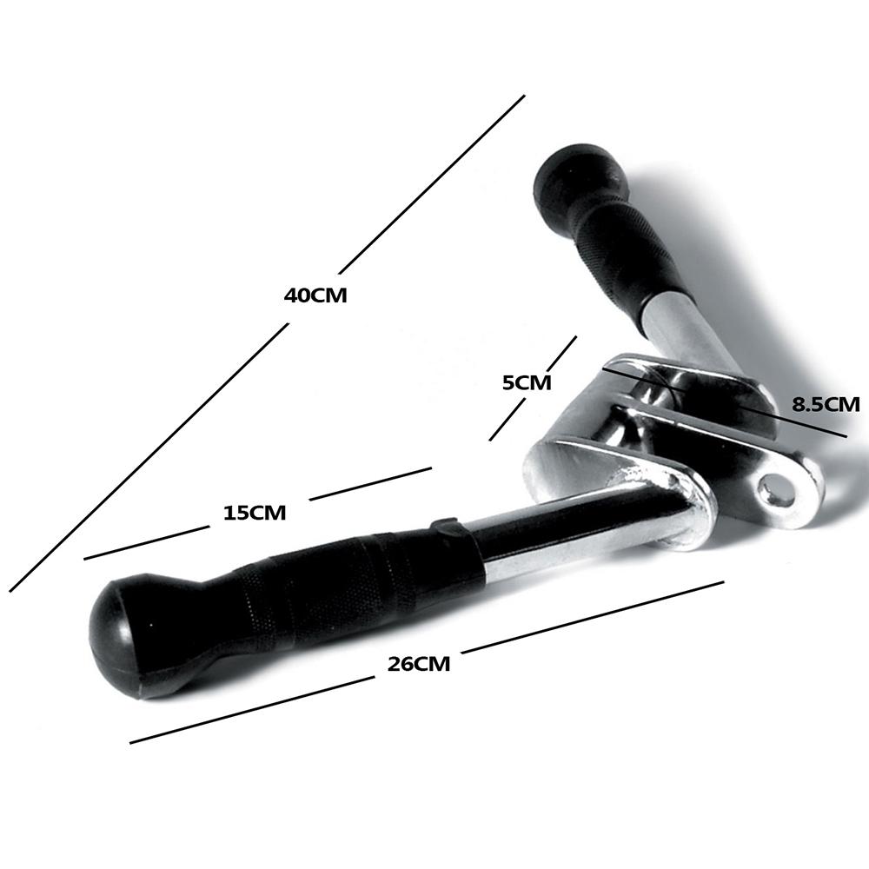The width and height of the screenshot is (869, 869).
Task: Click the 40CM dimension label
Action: (x=315, y=295)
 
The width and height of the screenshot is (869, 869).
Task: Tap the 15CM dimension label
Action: (x=255, y=514)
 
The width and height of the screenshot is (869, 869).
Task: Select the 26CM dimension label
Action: (x=419, y=663)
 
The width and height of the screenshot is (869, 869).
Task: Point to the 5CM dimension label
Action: (x=527, y=382)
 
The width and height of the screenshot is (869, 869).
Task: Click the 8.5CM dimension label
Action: (x=826, y=404)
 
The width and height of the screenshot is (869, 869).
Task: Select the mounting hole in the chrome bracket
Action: (x=773, y=491)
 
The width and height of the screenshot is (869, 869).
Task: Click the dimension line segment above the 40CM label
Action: (x=432, y=184)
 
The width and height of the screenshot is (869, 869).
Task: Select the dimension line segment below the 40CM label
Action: (x=149, y=457)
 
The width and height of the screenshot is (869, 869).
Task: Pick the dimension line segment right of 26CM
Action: (x=593, y=617)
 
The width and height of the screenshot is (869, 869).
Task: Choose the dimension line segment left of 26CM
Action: (x=252, y=710)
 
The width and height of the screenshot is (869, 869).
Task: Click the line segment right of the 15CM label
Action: (x=370, y=484)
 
